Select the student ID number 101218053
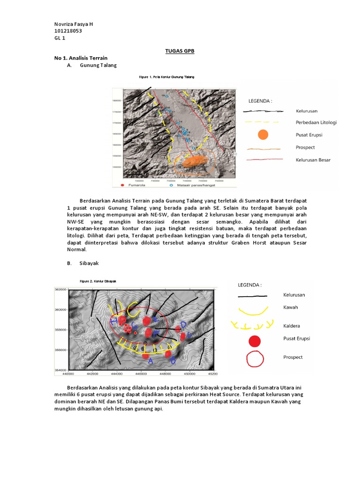[71, 31]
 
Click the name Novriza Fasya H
[77, 24]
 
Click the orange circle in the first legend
[263, 135]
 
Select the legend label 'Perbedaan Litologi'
[316, 123]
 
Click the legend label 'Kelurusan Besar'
[313, 160]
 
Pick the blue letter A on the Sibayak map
[150, 361]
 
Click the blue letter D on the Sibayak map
[184, 324]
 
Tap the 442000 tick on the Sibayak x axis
[92, 374]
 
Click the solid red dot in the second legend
[254, 341]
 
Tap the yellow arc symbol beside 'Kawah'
[253, 311]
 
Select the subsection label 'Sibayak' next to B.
[89, 263]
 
